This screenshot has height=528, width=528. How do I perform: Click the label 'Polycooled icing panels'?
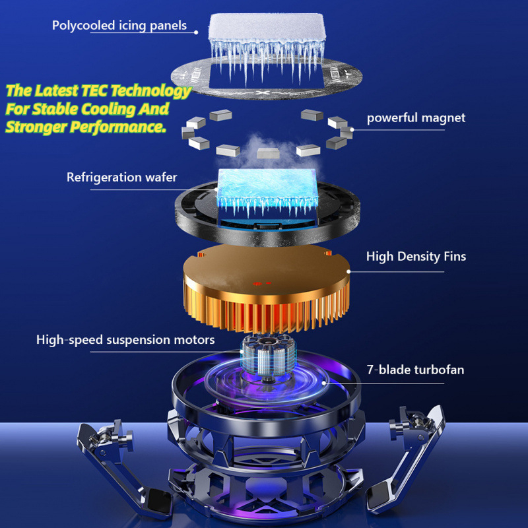point(119,26)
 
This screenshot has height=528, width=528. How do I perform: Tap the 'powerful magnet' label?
point(416,118)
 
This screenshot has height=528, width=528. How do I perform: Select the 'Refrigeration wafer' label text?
point(121,177)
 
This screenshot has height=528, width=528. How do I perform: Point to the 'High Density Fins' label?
point(416,256)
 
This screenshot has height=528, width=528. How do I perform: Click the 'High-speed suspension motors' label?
point(125,339)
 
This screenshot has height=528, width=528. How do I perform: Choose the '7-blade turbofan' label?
point(415,370)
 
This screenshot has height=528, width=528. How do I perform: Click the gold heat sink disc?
point(266,287)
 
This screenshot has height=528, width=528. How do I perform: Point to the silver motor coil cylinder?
point(269,358)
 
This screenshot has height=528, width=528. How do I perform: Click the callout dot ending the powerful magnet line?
point(352,129)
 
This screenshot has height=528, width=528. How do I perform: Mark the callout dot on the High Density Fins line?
point(348,271)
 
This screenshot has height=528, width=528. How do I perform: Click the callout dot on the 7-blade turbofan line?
point(324,383)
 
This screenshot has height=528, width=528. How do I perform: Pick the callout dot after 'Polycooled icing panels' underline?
point(196,32)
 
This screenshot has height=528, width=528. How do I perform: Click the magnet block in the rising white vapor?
point(269,152)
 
